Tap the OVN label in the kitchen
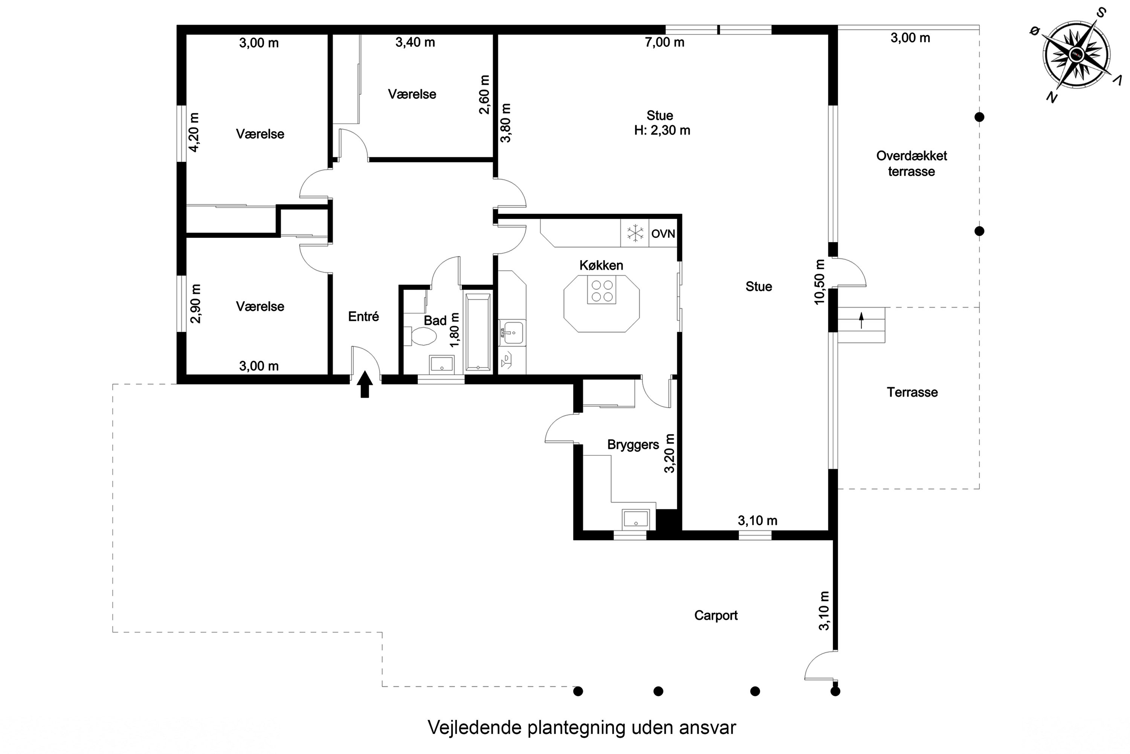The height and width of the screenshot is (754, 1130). coord(663,234)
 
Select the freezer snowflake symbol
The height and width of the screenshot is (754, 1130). coord(635,233)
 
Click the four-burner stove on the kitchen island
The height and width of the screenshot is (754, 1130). coord(602,290)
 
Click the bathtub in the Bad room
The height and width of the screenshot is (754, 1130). coord(478,332)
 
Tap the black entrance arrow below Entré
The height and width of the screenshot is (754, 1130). coord(365,384)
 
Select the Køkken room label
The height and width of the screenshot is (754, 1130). coord(601,265)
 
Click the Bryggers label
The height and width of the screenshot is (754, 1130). coord(633,445)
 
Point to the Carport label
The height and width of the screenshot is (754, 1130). coord(716,616)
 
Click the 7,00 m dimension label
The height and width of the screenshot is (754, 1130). coord(664,42)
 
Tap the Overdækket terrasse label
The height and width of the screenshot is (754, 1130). coord(912,164)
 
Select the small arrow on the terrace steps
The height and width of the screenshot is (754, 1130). coord(861,320)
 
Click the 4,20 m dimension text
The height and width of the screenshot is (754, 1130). coord(194,132)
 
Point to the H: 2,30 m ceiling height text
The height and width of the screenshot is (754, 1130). coord(662,130)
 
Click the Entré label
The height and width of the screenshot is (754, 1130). coord(364,316)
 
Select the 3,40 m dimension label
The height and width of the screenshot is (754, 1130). coord(415,42)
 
